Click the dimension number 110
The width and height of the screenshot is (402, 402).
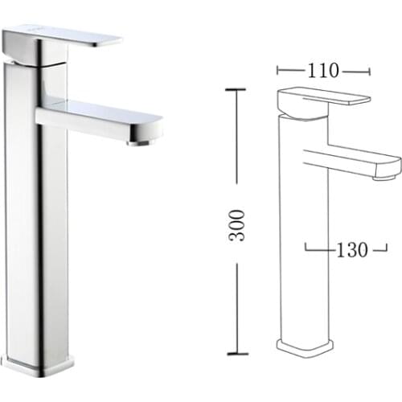[323, 71]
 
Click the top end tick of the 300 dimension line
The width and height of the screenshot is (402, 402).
[235, 90]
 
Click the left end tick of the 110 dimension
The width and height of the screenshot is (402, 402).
[277, 71]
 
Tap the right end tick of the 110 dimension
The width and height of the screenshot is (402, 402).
[369, 71]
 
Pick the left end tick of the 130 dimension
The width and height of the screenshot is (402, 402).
[306, 248]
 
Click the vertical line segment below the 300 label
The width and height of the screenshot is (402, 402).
[235, 306]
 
